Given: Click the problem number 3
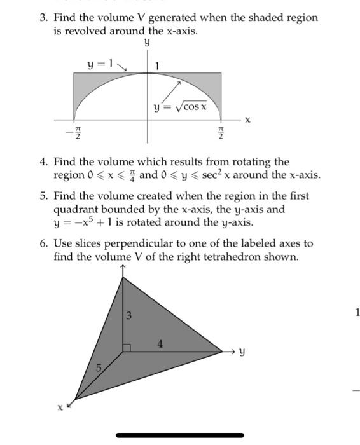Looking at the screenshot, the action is [43, 18].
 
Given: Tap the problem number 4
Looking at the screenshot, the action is [43, 162].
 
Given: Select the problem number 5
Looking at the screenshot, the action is [43, 196].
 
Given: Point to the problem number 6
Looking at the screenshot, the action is [43, 243].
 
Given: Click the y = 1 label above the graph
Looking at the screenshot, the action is [100, 64].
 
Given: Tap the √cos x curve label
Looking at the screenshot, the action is [181, 107].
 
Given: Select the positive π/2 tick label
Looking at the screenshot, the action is [221, 134].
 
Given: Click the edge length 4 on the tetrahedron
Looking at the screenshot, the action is [160, 344].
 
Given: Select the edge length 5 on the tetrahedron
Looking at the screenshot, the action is [99, 368].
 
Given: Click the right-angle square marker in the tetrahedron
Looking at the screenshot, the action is [126, 347].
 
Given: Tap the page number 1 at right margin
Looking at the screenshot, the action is [358, 311].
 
